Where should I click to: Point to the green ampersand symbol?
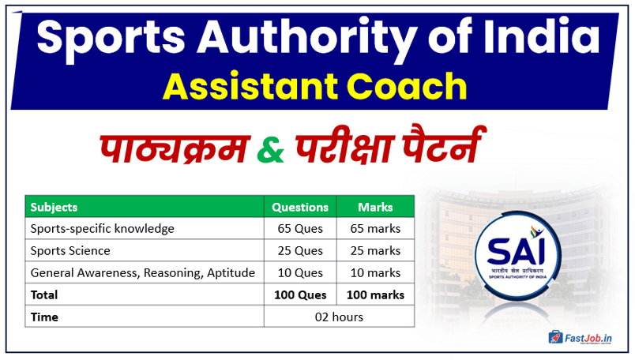(272, 148)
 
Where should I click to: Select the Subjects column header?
(54, 207)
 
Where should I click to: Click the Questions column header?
(300, 207)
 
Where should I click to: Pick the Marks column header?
(375, 207)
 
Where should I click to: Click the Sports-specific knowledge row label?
(103, 229)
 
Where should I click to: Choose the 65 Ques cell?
(300, 229)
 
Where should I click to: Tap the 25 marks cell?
(375, 251)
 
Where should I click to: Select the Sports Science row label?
(70, 251)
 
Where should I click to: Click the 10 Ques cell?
(300, 273)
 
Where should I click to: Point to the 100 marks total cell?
(375, 295)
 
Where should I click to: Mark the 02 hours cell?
(338, 317)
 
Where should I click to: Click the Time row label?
(44, 317)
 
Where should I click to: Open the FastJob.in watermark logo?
(583, 337)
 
